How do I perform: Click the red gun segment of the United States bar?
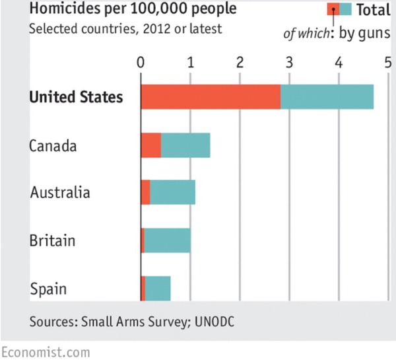point(211,96)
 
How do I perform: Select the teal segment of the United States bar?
point(327,96)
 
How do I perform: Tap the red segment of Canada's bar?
point(151,145)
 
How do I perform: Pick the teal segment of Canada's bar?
point(185,145)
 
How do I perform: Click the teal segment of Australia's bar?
point(172,193)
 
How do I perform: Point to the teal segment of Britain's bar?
point(167,240)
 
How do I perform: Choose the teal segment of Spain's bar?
point(158,288)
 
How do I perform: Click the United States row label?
point(76,97)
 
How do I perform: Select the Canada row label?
point(53,145)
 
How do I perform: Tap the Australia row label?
point(60,193)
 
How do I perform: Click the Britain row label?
point(52,240)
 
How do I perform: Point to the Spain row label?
point(48,289)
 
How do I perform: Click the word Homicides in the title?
point(63,10)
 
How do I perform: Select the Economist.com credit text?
point(46,351)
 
